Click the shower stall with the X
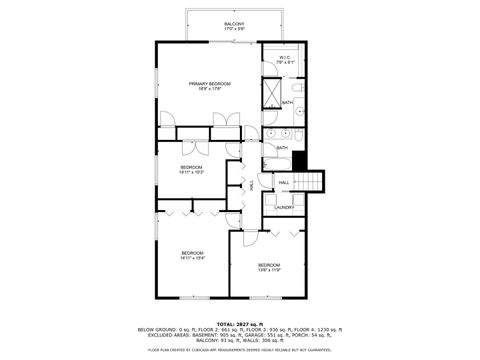point(271,92)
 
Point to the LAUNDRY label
point(284,207)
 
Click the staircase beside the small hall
point(314,182)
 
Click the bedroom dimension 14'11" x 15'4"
point(192,258)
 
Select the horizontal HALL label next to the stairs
point(284,183)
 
